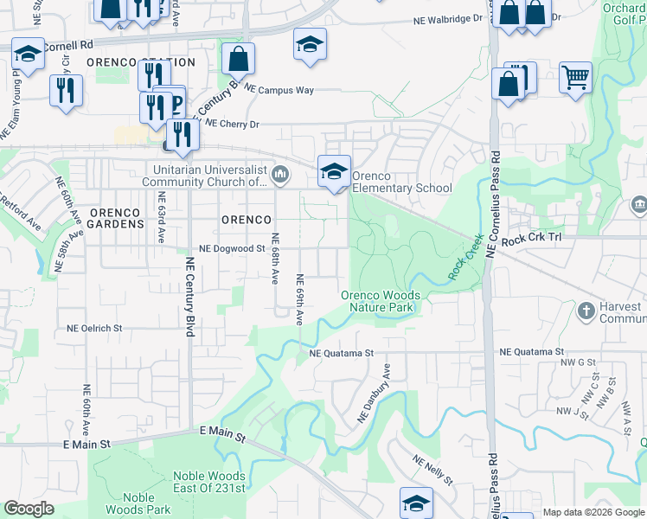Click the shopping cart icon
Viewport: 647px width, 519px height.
[x=575, y=78]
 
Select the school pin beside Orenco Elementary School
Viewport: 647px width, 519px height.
[x=334, y=171]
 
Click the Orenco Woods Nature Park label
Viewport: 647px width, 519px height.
[x=381, y=301]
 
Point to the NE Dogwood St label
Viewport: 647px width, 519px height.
[x=231, y=248]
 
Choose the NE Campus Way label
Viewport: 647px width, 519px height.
[x=279, y=89]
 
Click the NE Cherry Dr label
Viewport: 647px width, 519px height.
[x=229, y=125]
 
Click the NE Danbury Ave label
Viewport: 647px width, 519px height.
[x=375, y=393]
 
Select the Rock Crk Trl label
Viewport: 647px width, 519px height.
[x=532, y=240]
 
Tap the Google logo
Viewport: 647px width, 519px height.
[x=29, y=509]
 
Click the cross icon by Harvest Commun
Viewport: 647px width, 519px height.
[x=586, y=311]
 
